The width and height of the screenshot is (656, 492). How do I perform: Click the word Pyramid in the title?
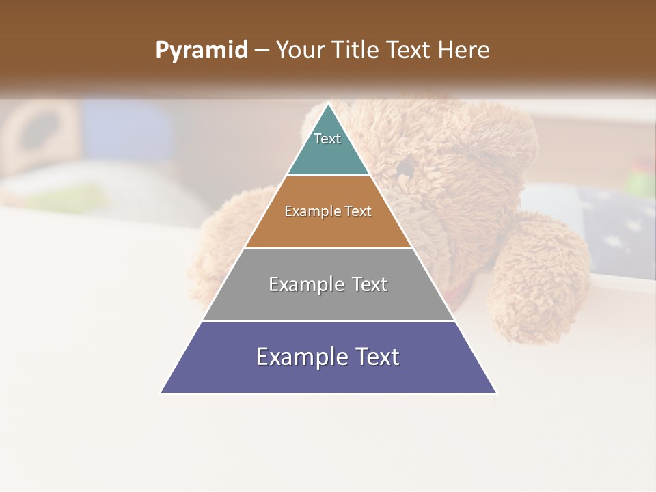(202, 51)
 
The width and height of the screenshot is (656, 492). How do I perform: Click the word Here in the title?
(463, 51)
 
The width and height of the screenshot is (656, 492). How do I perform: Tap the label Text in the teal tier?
(327, 139)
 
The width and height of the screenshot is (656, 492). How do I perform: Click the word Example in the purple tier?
(299, 357)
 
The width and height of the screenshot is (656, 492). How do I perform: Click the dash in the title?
(262, 51)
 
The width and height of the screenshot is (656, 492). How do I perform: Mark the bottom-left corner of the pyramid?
(162, 392)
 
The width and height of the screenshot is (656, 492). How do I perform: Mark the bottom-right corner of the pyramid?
(495, 392)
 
